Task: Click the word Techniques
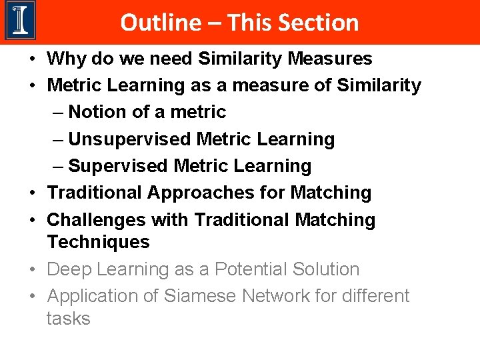click(98, 241)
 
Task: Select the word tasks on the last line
click(68, 318)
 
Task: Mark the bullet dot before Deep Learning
click(32, 270)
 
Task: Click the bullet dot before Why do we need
click(32, 59)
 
